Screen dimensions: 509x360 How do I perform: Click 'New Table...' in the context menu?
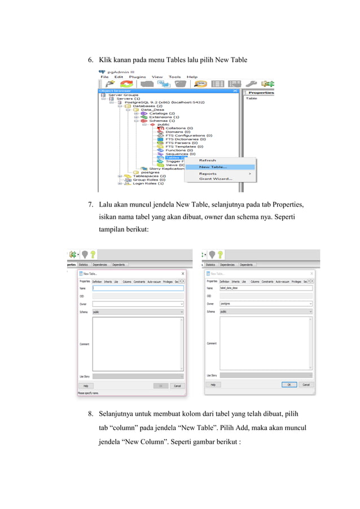pos(213,166)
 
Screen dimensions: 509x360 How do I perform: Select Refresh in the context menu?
pos(207,160)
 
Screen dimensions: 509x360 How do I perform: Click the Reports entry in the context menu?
pos(208,173)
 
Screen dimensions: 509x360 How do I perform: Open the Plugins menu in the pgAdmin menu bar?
pos(137,77)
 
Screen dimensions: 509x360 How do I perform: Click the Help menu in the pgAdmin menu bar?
pos(192,77)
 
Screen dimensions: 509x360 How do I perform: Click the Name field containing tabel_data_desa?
pos(265,288)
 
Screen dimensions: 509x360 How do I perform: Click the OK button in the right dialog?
pos(289,384)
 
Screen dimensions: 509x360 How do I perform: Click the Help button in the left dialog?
pos(85,386)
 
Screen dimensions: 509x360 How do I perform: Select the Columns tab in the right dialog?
pos(254,281)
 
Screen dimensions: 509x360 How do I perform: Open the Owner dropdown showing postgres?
pos(265,304)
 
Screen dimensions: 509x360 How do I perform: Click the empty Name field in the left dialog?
pos(138,288)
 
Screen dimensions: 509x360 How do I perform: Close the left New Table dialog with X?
pos(182,274)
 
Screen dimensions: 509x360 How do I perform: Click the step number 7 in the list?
pos(90,203)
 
